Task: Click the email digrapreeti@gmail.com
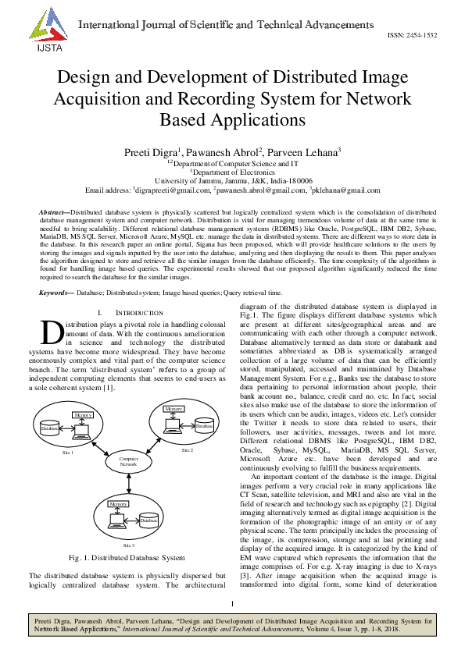tap(169, 190)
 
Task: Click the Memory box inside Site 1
tap(84, 414)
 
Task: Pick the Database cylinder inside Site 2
tap(205, 426)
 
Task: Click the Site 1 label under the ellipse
tap(68, 453)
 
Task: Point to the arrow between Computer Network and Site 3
tap(128, 482)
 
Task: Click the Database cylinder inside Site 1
tap(51, 428)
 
